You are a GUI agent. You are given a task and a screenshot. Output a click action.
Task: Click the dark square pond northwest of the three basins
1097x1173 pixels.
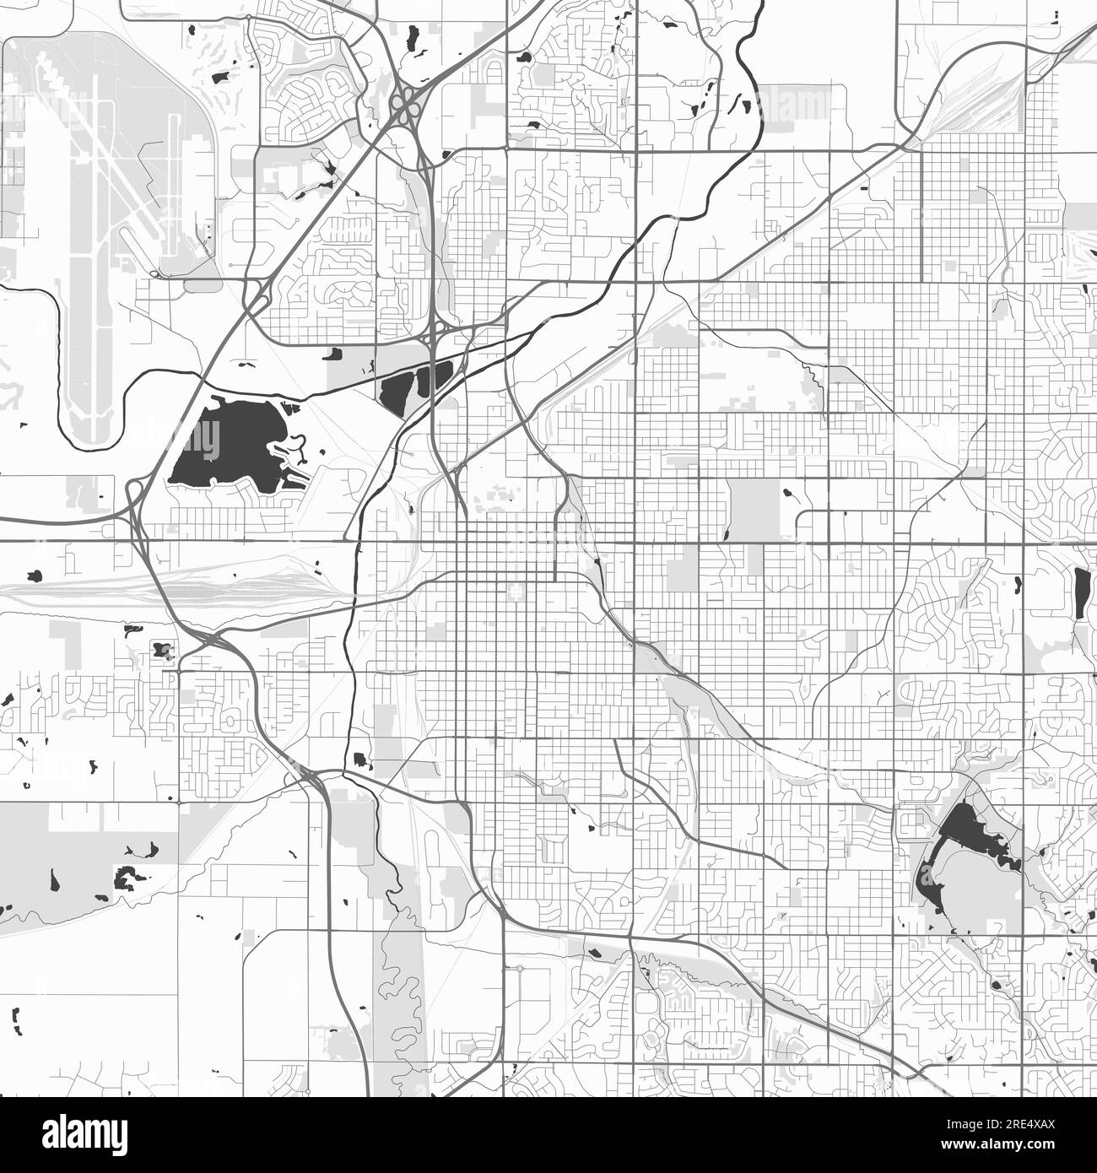pyautogui.click(x=332, y=355)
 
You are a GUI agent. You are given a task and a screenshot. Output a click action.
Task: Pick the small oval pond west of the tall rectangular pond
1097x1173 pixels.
pyautogui.click(x=1016, y=583)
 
